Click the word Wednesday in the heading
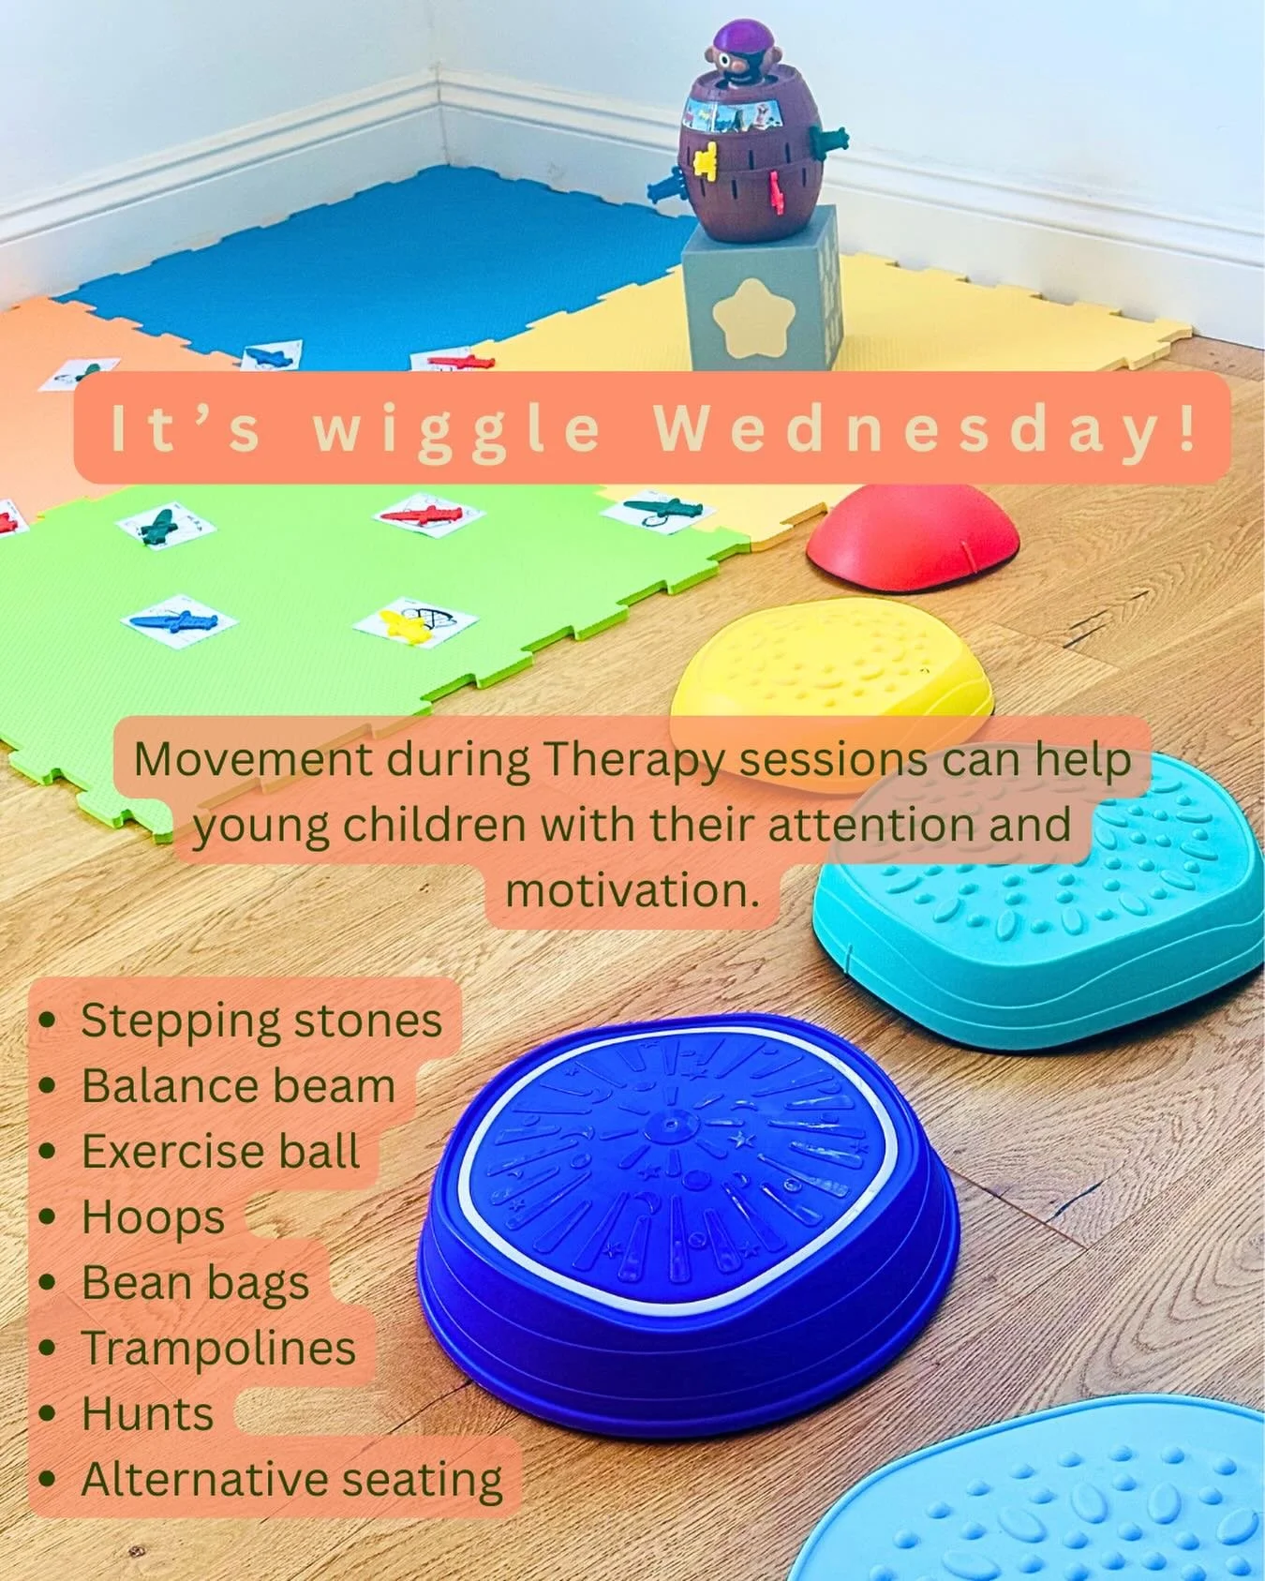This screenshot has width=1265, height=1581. [924, 429]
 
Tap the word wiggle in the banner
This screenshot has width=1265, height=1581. [456, 429]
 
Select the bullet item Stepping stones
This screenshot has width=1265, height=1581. [260, 1021]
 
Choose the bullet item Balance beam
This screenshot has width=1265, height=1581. [238, 1086]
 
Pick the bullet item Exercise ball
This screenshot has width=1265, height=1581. [220, 1152]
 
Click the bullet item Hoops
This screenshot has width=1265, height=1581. [153, 1217]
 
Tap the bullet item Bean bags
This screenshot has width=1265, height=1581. [195, 1283]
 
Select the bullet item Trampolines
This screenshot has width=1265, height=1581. [218, 1349]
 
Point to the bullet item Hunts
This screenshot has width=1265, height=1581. [147, 1414]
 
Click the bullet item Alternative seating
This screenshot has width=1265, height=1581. [291, 1480]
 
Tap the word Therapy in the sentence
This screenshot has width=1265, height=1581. [634, 759]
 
